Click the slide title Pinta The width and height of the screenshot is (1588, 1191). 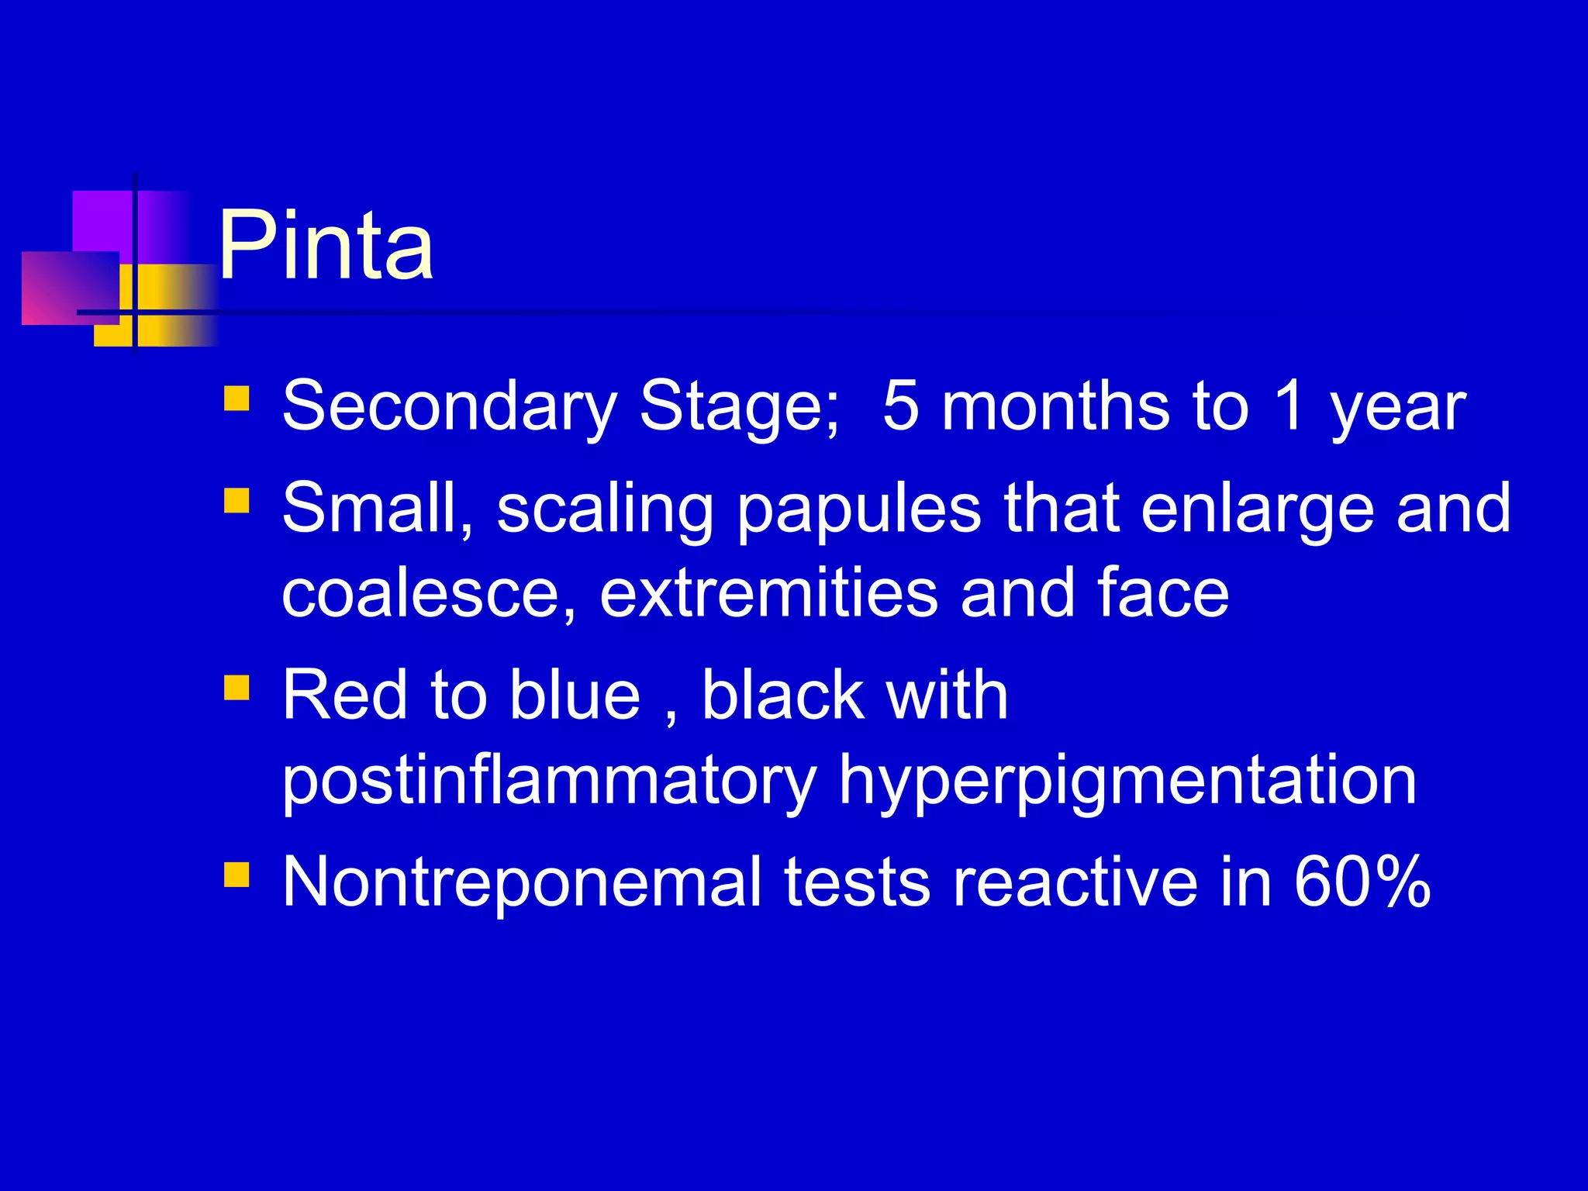tap(326, 247)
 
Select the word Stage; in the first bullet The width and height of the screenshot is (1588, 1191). tap(740, 406)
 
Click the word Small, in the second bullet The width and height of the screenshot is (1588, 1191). tap(378, 509)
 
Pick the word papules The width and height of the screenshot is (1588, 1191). tap(859, 512)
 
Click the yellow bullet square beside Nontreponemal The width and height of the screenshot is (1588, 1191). tap(236, 874)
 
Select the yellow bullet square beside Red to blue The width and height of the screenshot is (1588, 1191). tap(236, 687)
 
